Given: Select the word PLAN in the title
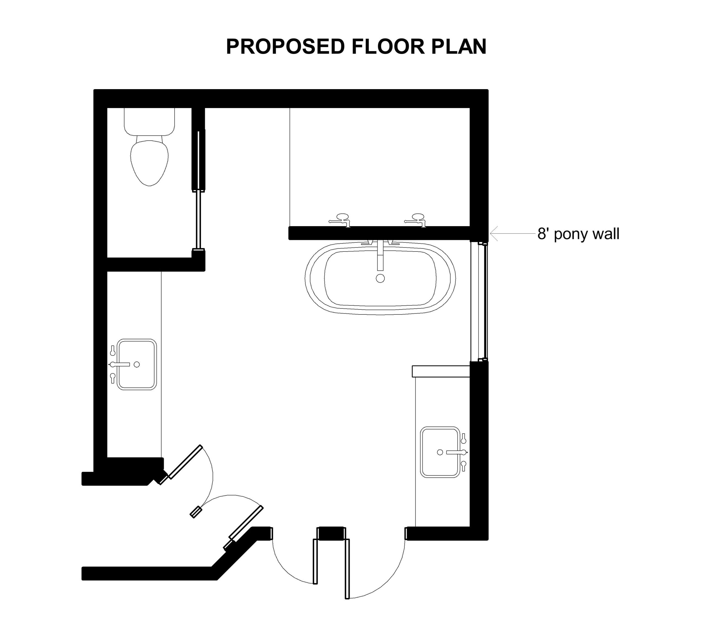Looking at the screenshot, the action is [x=459, y=46].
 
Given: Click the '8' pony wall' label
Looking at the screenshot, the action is [x=578, y=234].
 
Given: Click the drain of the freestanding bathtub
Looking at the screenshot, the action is [x=380, y=278].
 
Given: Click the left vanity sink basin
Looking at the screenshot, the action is [x=137, y=364].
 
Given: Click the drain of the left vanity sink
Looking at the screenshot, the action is [x=137, y=364].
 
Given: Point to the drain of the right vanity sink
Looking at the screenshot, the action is [x=440, y=452].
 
